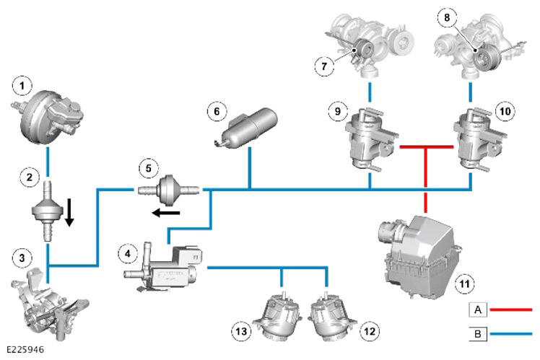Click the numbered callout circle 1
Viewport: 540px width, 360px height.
pos(22,86)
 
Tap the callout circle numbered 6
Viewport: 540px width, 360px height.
pos(217,111)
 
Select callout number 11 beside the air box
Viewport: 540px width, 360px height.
pos(465,284)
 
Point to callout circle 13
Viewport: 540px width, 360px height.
pos(241,331)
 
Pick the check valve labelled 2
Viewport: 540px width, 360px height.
pos(48,210)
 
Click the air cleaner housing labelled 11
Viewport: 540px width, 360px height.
pos(419,256)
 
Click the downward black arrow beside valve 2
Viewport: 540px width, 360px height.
pos(69,212)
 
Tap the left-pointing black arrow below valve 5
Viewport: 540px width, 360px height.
pos(166,213)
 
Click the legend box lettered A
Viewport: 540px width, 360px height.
pos(478,309)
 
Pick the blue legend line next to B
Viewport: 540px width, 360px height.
pos(511,333)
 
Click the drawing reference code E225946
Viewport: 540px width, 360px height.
pos(25,350)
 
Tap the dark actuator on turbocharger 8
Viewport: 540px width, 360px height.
pos(484,58)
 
